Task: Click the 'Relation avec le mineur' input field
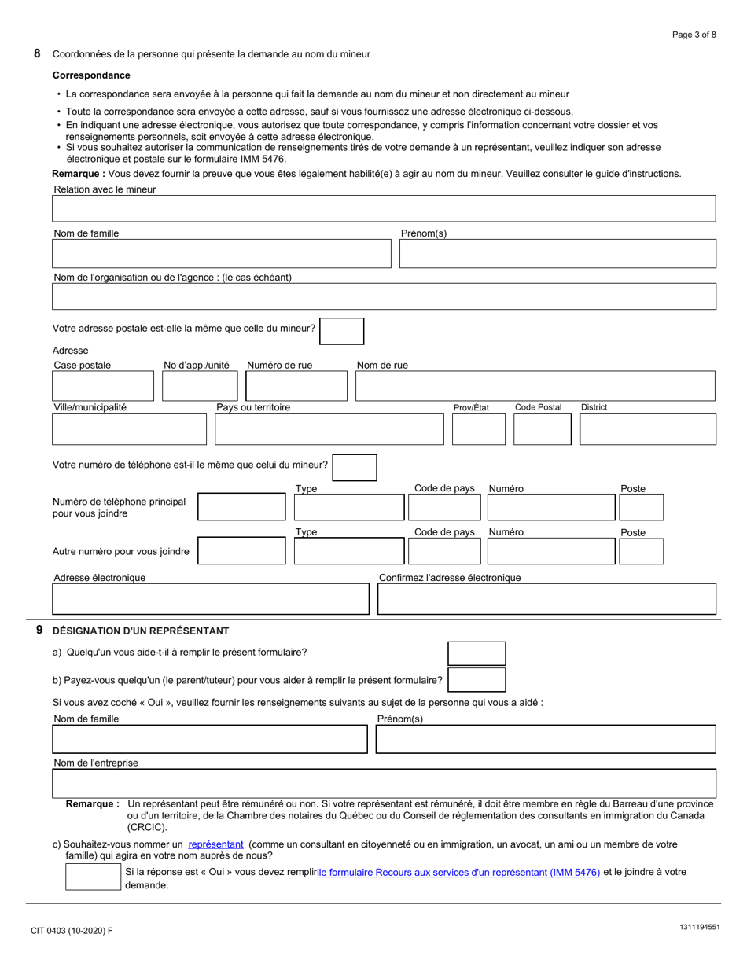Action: coord(384,208)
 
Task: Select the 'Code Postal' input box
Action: coord(542,428)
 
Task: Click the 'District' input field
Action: coord(647,428)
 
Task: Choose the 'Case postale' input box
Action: coord(103,386)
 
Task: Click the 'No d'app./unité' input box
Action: coord(199,386)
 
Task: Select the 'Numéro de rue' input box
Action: coord(296,386)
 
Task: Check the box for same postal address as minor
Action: coord(342,331)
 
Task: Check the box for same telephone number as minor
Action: coord(354,467)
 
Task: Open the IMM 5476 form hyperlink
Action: coord(458,872)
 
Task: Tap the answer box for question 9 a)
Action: coord(477,653)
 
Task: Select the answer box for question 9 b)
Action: coord(477,680)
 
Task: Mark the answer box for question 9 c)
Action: coord(93,877)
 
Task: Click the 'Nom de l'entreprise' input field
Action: coord(384,783)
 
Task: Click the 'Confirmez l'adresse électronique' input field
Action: coord(546,599)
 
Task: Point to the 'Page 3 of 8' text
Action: coord(694,35)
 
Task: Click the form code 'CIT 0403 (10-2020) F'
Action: coord(72,931)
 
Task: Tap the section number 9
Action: coord(39,630)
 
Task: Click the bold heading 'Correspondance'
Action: coord(91,75)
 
